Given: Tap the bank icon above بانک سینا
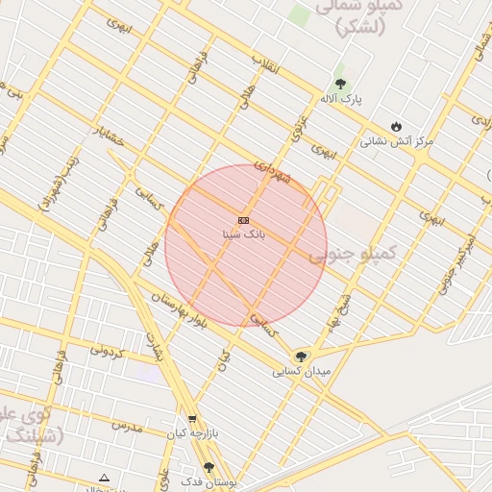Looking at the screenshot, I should pyautogui.click(x=243, y=220).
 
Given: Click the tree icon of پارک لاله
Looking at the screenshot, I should pyautogui.click(x=339, y=85).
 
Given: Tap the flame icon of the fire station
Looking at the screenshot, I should pyautogui.click(x=396, y=126).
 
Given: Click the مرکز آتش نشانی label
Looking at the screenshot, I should pyautogui.click(x=397, y=140).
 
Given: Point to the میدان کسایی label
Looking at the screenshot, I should pyautogui.click(x=301, y=370).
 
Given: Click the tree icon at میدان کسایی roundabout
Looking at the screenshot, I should pyautogui.click(x=301, y=357).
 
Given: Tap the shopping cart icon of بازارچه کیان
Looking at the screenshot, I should pyautogui.click(x=192, y=419).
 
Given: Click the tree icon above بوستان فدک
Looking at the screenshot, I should pyautogui.click(x=209, y=467).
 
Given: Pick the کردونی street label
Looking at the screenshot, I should pyautogui.click(x=108, y=352).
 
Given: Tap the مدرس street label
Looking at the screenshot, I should pyautogui.click(x=126, y=425).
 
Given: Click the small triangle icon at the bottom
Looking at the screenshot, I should pyautogui.click(x=104, y=478).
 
